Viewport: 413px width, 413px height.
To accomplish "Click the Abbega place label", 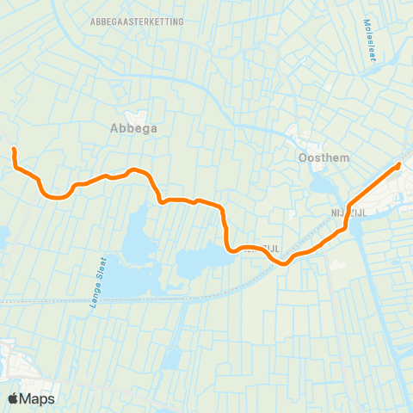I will tap(133, 129).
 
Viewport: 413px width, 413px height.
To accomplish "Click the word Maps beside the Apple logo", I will tap(39, 398).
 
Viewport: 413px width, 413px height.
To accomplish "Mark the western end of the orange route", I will tap(14, 150).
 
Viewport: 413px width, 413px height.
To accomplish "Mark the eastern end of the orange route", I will tap(400, 164).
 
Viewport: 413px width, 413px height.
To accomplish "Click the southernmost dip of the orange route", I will tap(283, 263).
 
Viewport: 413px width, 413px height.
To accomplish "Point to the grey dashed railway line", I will tap(103, 300).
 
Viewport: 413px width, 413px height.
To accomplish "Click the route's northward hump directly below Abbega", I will tap(133, 170).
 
